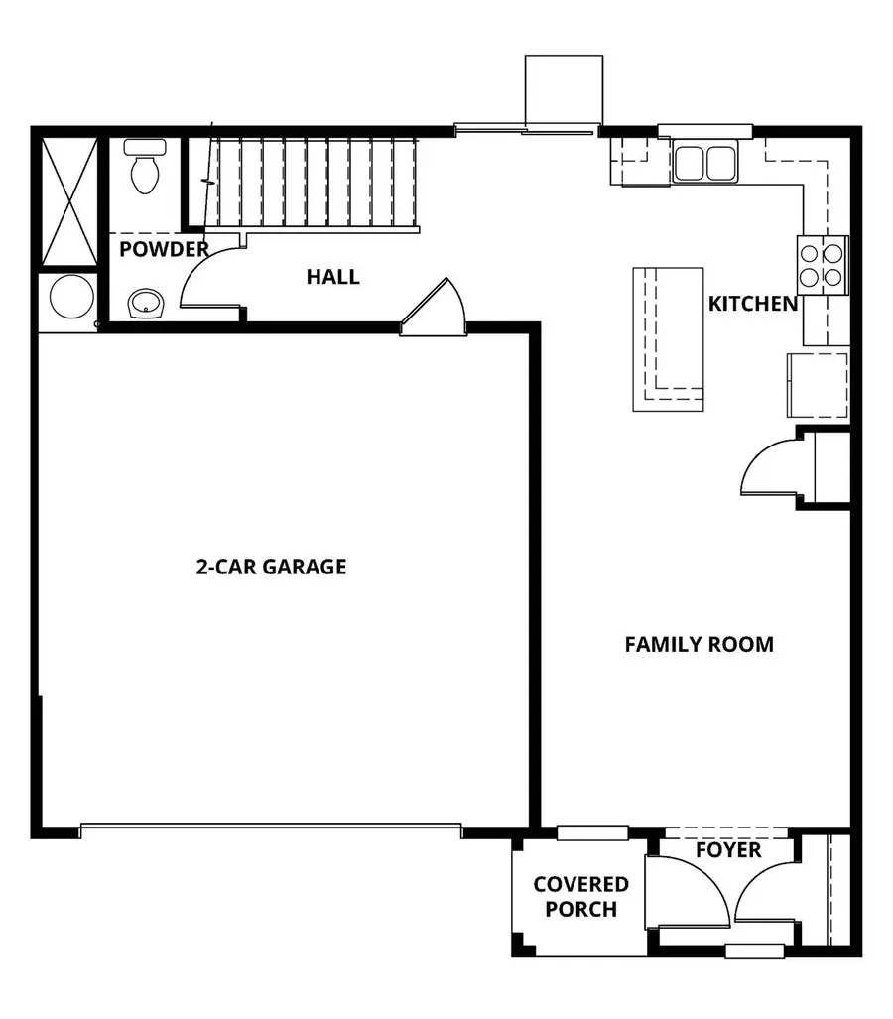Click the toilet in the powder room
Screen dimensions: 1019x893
click(x=145, y=167)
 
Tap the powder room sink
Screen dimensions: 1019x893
click(x=146, y=301)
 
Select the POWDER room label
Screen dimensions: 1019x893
click(x=165, y=249)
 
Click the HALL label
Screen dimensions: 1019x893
click(x=332, y=277)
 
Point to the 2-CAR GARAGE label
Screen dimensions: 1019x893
click(x=271, y=567)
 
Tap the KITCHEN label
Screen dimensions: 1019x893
click(x=752, y=304)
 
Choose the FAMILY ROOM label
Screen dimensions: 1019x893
click(x=699, y=644)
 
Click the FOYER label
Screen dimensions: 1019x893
click(x=727, y=850)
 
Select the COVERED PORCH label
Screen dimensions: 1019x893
click(x=580, y=896)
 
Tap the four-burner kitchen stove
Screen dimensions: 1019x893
click(x=823, y=265)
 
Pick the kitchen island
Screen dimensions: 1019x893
click(x=669, y=338)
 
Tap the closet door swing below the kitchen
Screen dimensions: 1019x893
click(x=773, y=469)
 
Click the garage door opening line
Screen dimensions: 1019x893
click(x=270, y=825)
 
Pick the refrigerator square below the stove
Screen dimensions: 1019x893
click(x=819, y=384)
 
